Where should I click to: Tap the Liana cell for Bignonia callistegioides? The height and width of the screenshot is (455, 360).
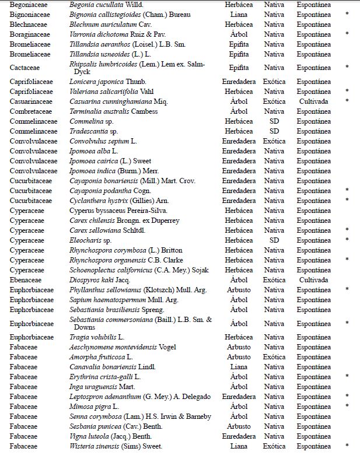[239, 14]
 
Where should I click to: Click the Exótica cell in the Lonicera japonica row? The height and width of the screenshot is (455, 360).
[274, 82]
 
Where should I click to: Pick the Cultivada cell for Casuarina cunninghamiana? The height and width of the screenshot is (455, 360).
[313, 101]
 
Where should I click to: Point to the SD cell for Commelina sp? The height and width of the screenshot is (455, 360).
[274, 121]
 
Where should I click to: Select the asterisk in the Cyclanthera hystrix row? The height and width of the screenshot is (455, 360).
[347, 201]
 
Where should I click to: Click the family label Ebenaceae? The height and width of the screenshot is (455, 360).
[26, 280]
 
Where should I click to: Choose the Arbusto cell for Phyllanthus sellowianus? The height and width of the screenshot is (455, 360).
[239, 290]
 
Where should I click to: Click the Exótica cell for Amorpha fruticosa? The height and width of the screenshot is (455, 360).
[274, 356]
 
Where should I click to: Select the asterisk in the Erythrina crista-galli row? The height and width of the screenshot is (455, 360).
[347, 376]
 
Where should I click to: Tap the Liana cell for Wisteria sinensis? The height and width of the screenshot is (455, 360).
[239, 446]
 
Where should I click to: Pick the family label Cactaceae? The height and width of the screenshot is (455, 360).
[25, 68]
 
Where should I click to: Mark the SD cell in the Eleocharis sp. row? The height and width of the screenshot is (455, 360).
[274, 240]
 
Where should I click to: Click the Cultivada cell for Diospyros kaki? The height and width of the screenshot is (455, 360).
[313, 280]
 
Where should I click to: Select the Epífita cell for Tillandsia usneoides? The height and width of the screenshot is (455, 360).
[239, 54]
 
